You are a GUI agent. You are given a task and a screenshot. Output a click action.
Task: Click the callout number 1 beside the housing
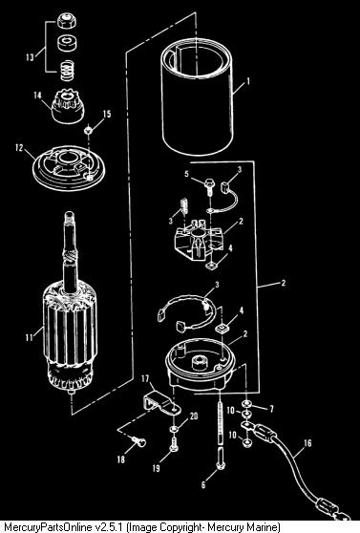click(248, 82)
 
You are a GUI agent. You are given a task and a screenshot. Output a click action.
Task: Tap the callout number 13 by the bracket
click(31, 57)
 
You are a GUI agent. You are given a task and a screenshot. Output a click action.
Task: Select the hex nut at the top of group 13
click(67, 21)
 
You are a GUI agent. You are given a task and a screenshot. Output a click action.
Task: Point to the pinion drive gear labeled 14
click(68, 106)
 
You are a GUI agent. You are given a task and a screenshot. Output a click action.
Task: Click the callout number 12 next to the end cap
click(19, 148)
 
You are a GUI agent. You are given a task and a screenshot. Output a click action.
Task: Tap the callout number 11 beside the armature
click(30, 337)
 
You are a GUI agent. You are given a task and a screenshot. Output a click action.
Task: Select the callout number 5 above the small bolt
click(186, 174)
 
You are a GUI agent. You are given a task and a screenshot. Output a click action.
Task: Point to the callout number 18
click(121, 459)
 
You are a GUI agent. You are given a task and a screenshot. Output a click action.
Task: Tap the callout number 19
click(156, 468)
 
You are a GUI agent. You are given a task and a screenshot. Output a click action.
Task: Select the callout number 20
click(194, 416)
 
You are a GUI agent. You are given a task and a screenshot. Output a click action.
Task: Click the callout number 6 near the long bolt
click(203, 484)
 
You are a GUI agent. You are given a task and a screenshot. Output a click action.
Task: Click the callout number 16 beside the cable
click(307, 443)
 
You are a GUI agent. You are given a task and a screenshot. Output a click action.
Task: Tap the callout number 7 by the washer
click(271, 408)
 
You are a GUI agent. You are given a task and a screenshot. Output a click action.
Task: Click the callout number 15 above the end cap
click(107, 114)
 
